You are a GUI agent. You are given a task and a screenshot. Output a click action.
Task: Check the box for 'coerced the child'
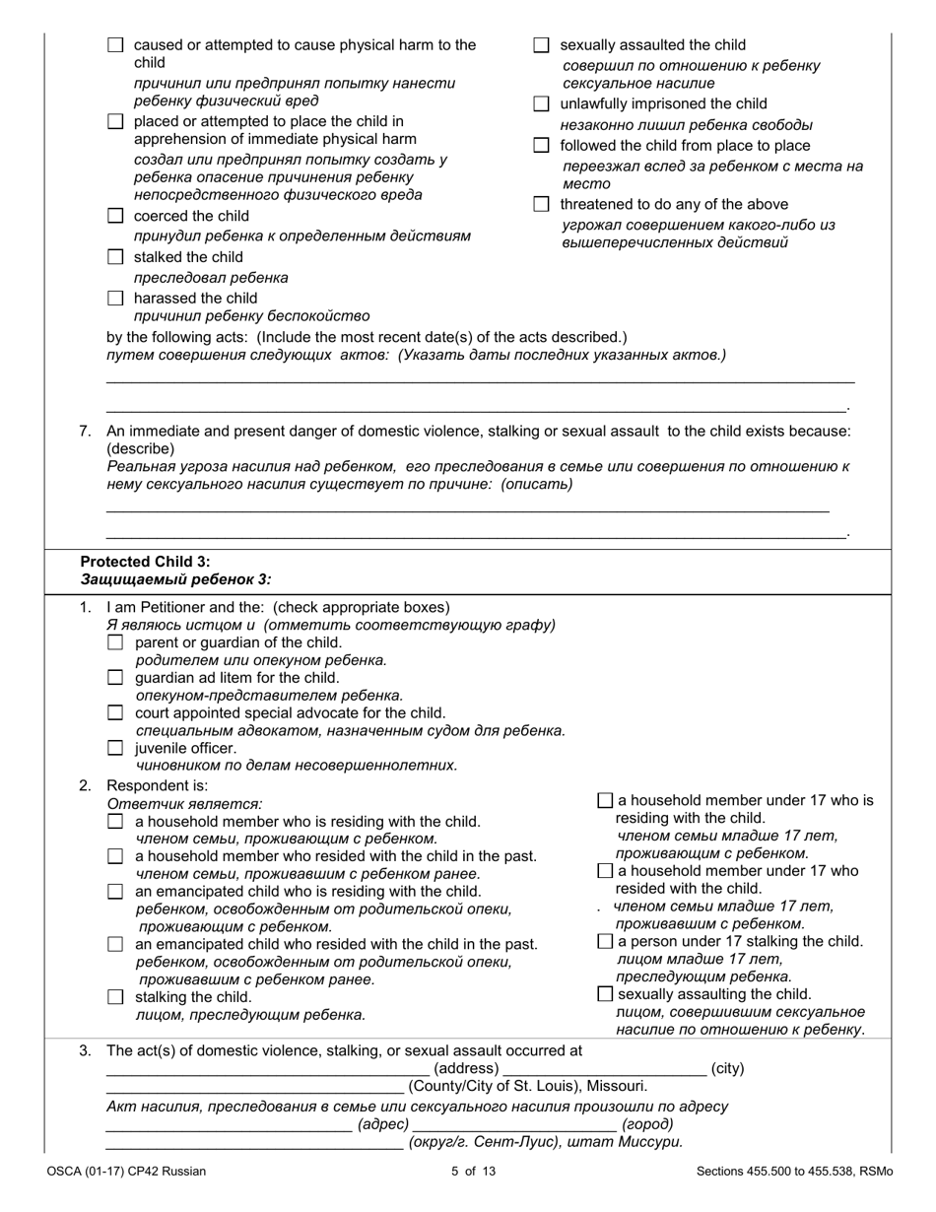click(115, 216)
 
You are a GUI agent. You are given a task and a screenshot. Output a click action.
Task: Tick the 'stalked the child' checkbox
click(115, 257)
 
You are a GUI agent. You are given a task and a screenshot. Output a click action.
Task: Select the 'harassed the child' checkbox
click(115, 298)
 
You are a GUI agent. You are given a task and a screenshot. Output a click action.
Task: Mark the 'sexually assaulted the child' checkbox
click(541, 45)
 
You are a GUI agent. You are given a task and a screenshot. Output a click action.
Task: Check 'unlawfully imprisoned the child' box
click(541, 103)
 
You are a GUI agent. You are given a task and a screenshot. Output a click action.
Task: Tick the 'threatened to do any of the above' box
click(541, 204)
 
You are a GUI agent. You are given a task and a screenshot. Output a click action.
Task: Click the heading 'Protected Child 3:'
click(145, 561)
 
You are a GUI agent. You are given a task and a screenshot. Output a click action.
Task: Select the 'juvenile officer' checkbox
click(115, 748)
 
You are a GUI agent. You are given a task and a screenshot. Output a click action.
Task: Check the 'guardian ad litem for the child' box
click(115, 678)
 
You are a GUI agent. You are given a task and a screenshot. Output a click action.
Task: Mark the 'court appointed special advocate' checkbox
click(115, 712)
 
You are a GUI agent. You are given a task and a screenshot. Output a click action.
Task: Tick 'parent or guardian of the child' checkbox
click(115, 642)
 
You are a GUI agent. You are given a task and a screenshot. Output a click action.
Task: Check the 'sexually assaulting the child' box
click(605, 994)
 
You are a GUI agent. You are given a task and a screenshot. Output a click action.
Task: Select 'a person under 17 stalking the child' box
click(605, 941)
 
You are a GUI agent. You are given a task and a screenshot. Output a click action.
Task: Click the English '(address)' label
click(466, 1069)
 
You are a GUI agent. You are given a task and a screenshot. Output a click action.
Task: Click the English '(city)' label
click(727, 1069)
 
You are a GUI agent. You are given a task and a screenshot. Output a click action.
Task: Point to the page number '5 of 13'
click(468, 1172)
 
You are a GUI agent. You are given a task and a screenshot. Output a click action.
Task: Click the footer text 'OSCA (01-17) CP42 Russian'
click(126, 1172)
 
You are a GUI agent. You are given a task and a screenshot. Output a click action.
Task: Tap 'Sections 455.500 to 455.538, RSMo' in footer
click(794, 1172)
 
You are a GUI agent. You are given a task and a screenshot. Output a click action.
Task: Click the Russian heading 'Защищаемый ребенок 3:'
click(175, 579)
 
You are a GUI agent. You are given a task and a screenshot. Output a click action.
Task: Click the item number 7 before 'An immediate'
click(86, 431)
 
